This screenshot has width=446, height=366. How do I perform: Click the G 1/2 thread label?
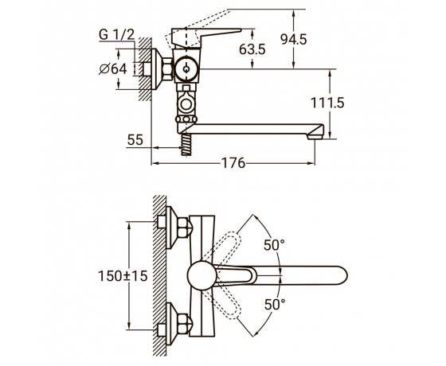(x=116, y=35)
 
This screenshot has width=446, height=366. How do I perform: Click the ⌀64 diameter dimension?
(x=113, y=68)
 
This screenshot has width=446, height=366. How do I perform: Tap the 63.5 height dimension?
(x=252, y=49)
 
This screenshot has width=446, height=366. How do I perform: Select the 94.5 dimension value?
(x=294, y=39)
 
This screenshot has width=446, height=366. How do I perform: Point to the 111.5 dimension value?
(x=327, y=103)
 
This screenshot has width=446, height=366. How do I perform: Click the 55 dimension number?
(x=135, y=140)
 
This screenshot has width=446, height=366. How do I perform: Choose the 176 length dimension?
(x=233, y=163)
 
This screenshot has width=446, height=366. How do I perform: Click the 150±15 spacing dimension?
(x=123, y=275)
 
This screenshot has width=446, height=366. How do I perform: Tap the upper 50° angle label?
(x=274, y=245)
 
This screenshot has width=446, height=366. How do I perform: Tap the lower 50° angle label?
(x=275, y=304)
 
